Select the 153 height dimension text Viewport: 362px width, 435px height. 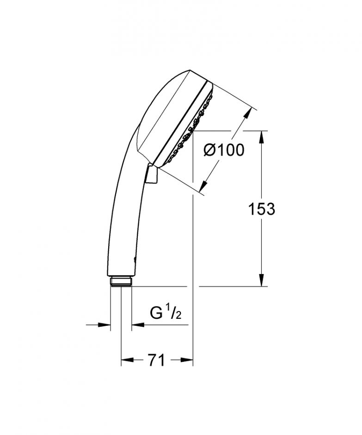click(261, 209)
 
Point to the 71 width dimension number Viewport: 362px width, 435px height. click(157, 360)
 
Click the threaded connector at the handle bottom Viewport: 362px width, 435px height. click(121, 282)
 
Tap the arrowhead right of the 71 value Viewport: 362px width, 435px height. click(186, 360)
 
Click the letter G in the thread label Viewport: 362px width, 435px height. click(157, 313)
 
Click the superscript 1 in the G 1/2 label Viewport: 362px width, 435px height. click(168, 309)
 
